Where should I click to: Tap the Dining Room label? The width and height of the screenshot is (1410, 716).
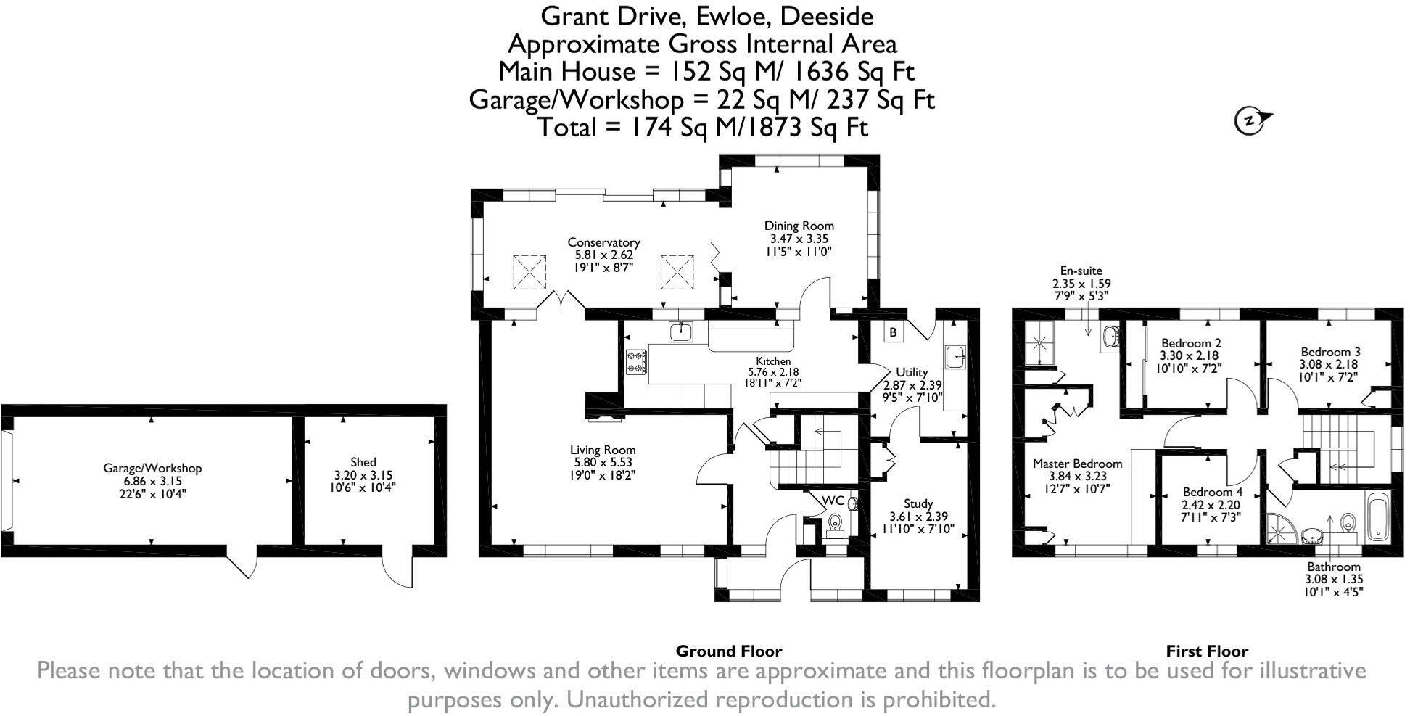(x=799, y=226)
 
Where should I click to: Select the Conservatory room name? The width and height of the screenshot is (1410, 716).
(x=603, y=242)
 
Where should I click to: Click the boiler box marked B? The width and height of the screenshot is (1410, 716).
(x=894, y=332)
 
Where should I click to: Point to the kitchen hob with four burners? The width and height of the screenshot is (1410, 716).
(x=637, y=362)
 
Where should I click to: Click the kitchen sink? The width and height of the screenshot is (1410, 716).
(x=682, y=332)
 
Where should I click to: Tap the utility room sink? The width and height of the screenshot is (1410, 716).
(x=955, y=356)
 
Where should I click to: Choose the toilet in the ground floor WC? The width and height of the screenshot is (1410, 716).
(x=836, y=522)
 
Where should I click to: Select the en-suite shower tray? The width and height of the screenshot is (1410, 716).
(x=1041, y=342)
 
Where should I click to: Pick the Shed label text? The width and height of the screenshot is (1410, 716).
(x=363, y=462)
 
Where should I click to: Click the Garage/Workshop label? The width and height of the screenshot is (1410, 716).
(x=152, y=468)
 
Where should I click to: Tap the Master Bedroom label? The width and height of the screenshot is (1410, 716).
(x=1077, y=464)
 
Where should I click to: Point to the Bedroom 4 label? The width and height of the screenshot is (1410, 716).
(x=1212, y=491)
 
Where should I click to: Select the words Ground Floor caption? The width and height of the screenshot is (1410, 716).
(x=729, y=651)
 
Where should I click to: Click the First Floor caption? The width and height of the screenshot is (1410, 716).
(x=1207, y=651)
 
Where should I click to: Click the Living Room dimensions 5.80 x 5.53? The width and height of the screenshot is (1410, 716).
(x=603, y=462)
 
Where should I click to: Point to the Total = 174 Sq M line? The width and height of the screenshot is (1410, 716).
(x=702, y=128)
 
